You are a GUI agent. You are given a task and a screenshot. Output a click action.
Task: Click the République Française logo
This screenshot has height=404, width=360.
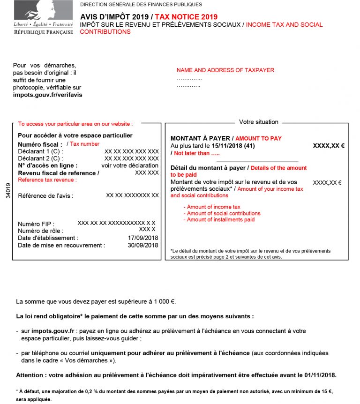click(43, 18)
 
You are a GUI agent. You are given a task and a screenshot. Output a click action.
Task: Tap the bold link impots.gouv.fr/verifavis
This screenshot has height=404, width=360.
click(47, 95)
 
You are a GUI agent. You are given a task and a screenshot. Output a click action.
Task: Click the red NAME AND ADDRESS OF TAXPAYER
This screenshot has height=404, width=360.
click(225, 70)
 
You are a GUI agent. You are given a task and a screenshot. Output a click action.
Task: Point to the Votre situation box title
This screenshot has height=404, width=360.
click(258, 122)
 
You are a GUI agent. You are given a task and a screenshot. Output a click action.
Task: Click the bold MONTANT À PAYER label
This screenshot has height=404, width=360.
click(201, 139)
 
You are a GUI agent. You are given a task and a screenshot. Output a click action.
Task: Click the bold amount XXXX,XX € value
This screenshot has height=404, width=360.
click(328, 146)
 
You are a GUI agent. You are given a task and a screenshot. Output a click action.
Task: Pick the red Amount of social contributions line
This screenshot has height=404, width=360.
click(224, 213)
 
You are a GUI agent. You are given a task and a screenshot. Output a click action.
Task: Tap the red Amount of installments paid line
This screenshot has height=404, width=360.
click(221, 219)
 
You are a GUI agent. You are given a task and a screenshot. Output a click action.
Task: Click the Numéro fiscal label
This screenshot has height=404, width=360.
click(40, 145)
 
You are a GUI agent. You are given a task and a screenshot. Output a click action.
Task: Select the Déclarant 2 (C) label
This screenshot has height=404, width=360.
click(40, 158)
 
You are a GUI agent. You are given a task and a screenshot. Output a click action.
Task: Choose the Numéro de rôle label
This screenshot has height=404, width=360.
click(40, 231)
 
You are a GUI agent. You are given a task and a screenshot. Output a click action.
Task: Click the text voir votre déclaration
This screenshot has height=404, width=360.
click(130, 165)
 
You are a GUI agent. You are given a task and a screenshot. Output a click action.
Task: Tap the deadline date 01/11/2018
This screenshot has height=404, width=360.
click(321, 375)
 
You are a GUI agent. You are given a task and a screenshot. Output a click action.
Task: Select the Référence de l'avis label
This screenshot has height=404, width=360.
click(45, 196)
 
